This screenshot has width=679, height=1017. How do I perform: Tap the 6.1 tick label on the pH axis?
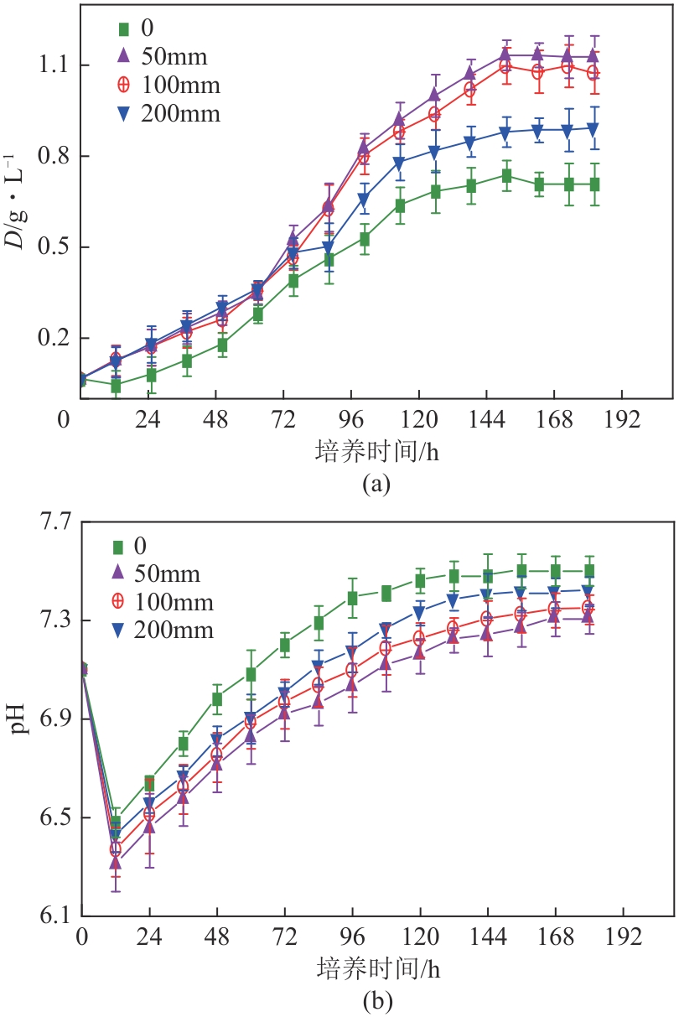(53, 916)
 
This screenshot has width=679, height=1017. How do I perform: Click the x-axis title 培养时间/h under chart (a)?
(376, 452)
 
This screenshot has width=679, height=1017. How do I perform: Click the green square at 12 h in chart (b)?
(116, 823)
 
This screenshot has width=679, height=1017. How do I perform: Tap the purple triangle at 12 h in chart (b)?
(116, 862)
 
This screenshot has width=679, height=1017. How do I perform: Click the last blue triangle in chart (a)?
(593, 129)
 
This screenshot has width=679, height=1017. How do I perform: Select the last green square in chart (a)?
(593, 184)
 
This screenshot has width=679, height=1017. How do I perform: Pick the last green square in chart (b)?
(588, 571)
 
